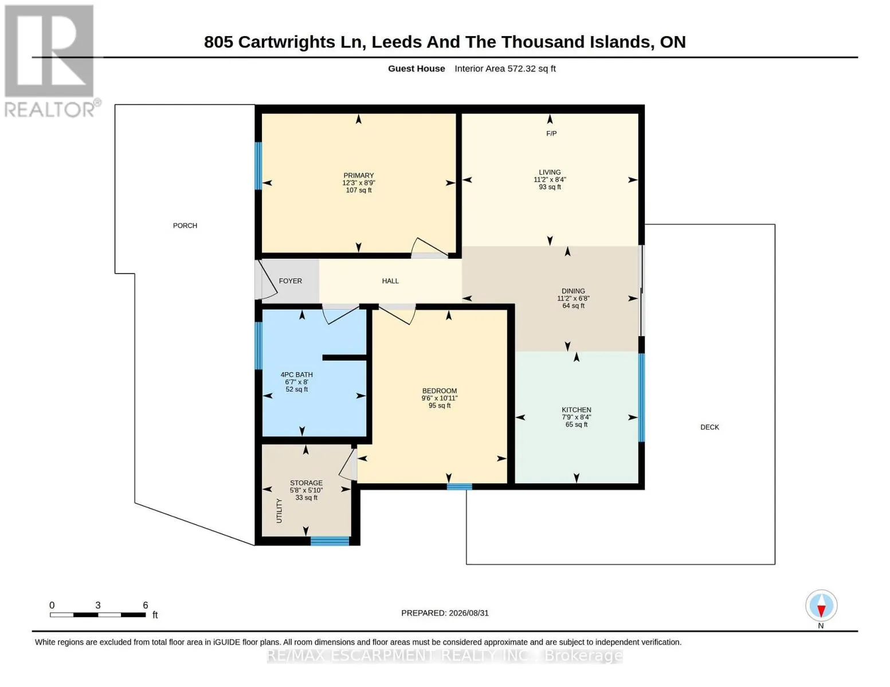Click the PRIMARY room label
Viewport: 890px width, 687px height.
pos(358,175)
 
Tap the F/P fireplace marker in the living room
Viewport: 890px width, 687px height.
pos(551,133)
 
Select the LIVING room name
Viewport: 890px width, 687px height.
pos(550,172)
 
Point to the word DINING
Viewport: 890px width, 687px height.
pos(573,291)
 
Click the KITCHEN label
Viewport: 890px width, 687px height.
pos(577,409)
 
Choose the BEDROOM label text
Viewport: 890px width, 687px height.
pos(440,391)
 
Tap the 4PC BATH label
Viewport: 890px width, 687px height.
pos(296,374)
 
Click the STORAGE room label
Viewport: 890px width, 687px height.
pos(306,483)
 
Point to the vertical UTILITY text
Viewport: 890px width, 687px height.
pos(279,511)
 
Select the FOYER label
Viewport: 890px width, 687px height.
pos(291,281)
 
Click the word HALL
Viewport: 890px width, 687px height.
pos(390,281)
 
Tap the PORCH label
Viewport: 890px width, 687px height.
pos(185,226)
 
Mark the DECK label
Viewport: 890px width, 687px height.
pos(710,427)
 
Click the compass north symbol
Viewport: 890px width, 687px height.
pos(821,606)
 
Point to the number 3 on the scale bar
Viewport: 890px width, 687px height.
pos(98,605)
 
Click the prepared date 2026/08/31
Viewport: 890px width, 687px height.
pos(469,613)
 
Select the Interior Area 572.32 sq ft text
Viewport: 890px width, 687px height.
pos(505,68)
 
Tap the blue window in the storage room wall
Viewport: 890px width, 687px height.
pos(330,541)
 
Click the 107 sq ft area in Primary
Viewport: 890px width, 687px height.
pos(359,190)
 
